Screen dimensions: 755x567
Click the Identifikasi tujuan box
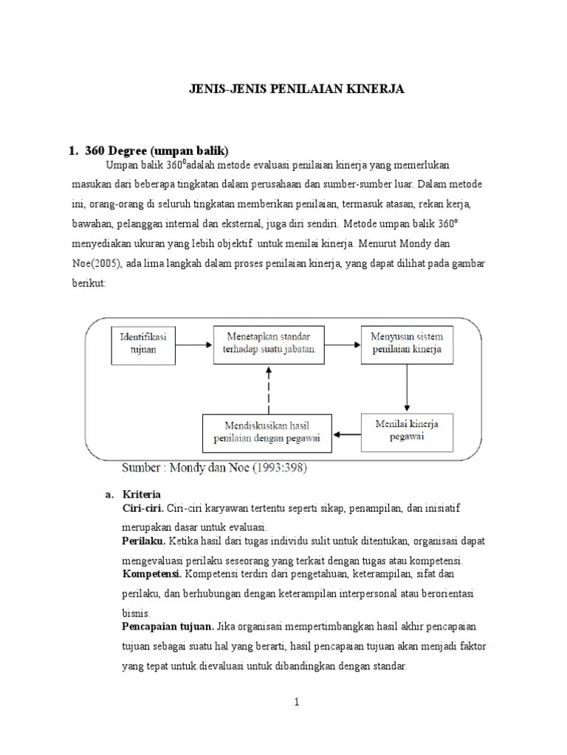click(143, 343)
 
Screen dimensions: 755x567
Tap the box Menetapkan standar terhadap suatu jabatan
click(269, 343)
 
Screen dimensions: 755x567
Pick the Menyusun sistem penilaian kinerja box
click(407, 343)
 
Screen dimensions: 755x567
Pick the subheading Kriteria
click(142, 494)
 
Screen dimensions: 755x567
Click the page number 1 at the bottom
click(296, 703)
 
